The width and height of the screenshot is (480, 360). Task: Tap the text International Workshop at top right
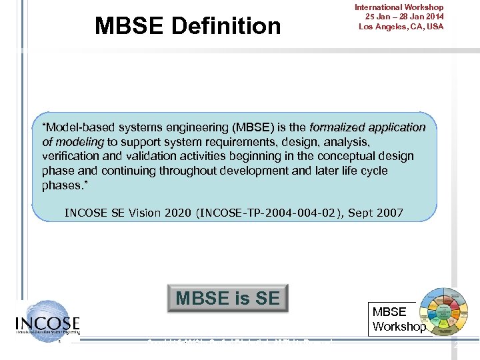point(399,7)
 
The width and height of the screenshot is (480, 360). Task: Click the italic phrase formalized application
point(367,127)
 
